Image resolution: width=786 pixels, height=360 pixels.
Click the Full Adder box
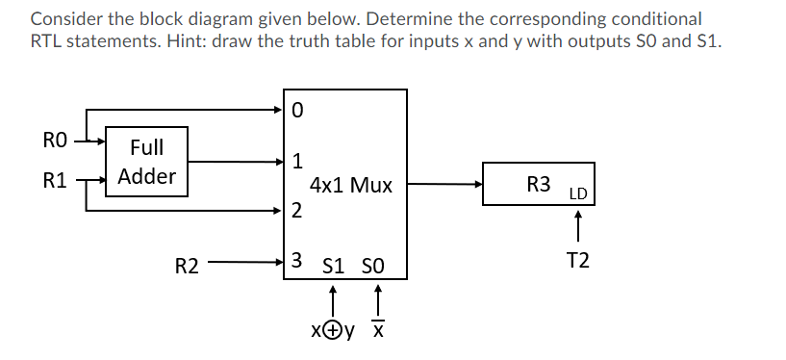(146, 161)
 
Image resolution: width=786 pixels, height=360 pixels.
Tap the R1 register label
(55, 178)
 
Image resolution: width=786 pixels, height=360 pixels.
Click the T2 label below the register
(578, 260)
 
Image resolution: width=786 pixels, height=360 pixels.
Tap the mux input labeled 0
(297, 110)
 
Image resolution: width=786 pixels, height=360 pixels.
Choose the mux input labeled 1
(297, 160)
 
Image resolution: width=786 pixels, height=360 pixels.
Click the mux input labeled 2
(297, 210)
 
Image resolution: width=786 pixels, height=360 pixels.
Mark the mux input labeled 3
(297, 261)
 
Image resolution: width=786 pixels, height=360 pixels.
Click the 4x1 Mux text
(350, 185)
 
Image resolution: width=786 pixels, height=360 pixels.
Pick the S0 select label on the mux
(374, 264)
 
